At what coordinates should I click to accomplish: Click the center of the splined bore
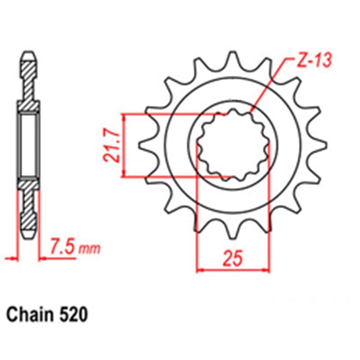(232, 144)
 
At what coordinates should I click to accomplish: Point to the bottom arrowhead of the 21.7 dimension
(124, 173)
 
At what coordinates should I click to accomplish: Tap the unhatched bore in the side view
(29, 144)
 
